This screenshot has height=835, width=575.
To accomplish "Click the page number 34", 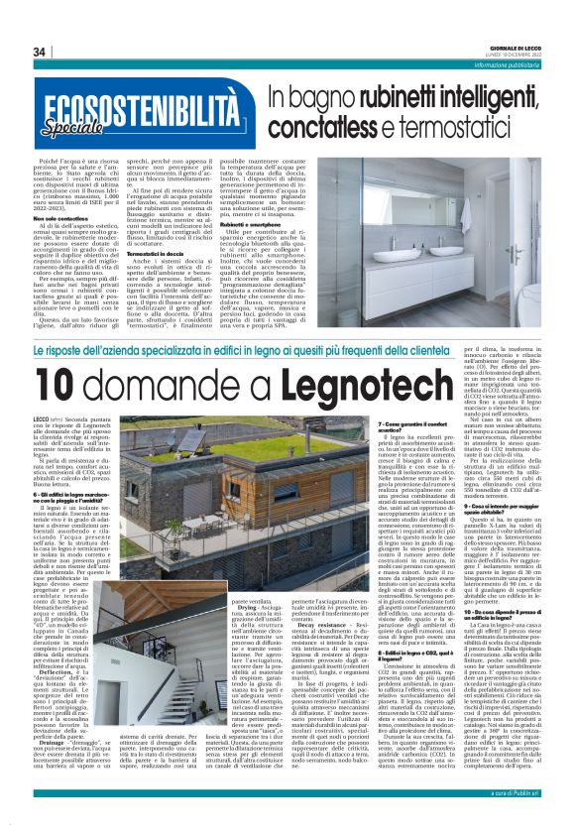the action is pyautogui.click(x=40, y=52).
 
